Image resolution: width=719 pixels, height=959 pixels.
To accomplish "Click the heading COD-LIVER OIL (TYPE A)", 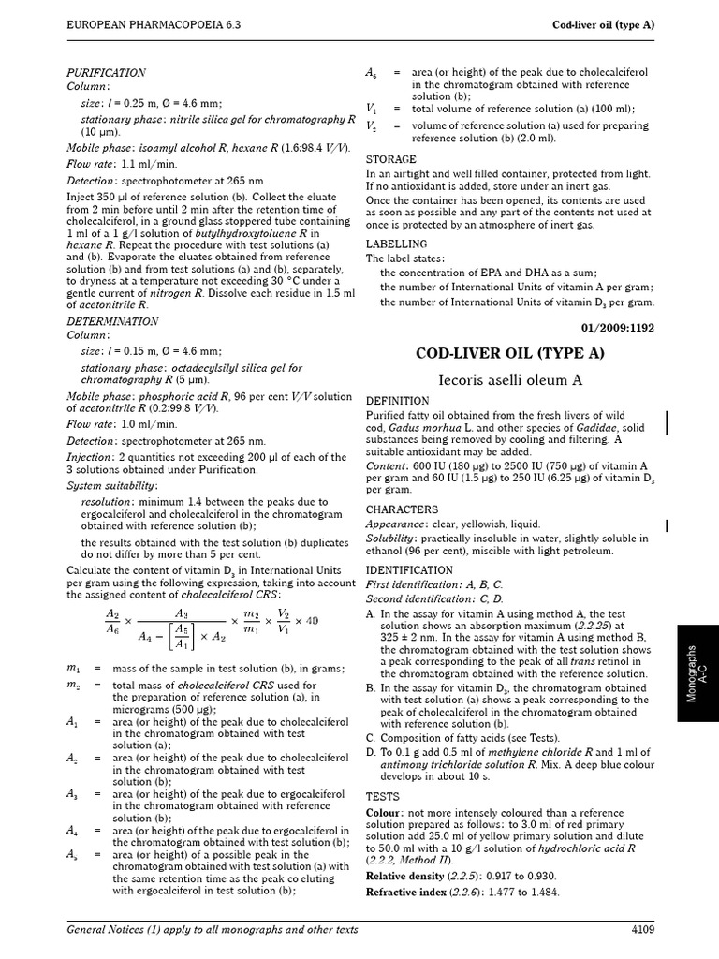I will point(510,353).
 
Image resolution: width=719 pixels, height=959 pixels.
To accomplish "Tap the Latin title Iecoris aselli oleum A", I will point(510,379).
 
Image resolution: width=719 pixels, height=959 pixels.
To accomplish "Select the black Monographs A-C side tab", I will point(693,669).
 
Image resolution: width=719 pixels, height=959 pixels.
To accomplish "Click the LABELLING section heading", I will point(396,243).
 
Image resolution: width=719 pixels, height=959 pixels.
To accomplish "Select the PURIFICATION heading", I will point(106,72).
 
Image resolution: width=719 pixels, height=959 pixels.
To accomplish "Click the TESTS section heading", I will point(383,795).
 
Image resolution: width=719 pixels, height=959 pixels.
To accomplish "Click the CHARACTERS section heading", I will point(402,509).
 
